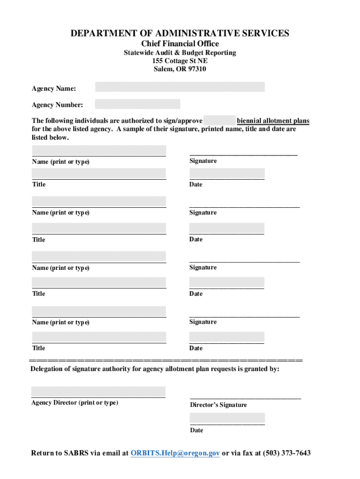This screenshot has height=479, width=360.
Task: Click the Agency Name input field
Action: (x=180, y=87)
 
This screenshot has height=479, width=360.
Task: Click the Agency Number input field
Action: (x=137, y=104)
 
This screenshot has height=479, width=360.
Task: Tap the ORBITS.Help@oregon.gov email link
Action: (x=175, y=453)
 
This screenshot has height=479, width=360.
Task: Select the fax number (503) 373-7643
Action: (x=287, y=453)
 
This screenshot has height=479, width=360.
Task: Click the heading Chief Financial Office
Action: (x=180, y=44)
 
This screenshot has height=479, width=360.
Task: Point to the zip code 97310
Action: (x=196, y=69)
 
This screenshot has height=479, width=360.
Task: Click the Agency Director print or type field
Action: (x=98, y=392)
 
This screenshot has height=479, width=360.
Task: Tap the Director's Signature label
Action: (x=218, y=405)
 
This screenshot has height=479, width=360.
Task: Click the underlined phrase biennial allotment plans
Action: (x=273, y=121)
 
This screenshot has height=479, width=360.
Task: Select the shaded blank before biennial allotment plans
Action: (x=219, y=120)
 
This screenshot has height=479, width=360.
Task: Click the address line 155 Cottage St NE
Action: (x=180, y=61)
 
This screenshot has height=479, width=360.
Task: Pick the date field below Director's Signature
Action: (x=227, y=418)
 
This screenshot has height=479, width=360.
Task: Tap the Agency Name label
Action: (x=54, y=88)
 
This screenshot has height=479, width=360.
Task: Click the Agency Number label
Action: (x=57, y=105)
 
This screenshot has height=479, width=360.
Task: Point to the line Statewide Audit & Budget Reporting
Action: (x=180, y=53)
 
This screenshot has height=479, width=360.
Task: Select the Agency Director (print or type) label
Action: (x=74, y=403)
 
